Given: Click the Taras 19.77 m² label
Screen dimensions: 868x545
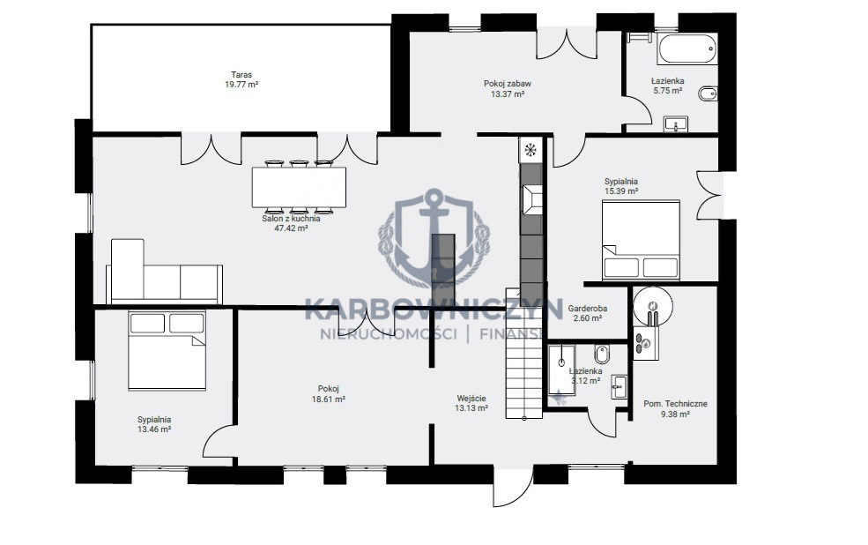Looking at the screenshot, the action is click(x=241, y=79).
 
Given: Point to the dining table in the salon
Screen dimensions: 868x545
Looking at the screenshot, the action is click(x=299, y=187).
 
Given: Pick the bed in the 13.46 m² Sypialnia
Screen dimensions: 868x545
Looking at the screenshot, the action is click(x=167, y=351).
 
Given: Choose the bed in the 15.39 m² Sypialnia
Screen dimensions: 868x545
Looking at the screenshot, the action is click(x=641, y=240).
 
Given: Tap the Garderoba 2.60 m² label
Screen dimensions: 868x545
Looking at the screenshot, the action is click(x=588, y=313).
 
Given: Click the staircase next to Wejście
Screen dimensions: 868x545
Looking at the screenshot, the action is click(x=523, y=354).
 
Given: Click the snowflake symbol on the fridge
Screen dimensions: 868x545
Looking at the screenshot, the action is click(x=530, y=150).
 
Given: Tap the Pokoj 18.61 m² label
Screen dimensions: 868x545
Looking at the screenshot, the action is click(x=329, y=394).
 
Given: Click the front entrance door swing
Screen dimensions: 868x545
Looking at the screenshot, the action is click(x=513, y=488).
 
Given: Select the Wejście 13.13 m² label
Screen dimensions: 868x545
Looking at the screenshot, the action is click(x=471, y=403).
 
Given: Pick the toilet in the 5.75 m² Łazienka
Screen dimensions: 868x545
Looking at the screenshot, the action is click(x=708, y=93).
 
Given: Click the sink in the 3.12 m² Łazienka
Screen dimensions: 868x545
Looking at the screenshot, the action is click(x=619, y=386).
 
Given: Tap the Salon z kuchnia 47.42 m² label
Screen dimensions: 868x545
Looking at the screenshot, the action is click(x=291, y=222).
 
